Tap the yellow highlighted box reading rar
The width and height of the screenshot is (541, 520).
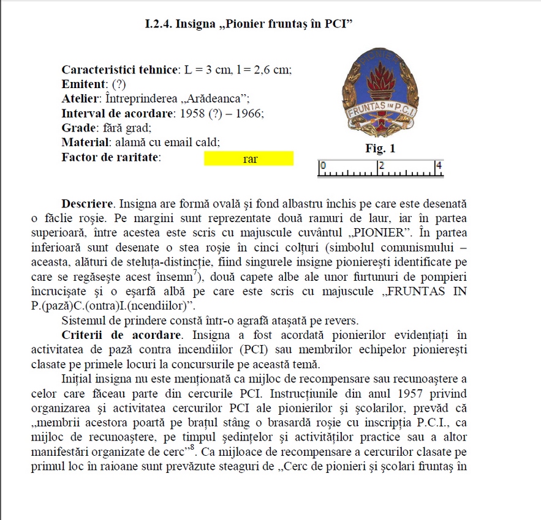[x=249, y=158]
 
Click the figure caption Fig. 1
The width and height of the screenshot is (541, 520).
[x=380, y=149]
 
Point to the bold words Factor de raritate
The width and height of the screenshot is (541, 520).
[x=111, y=157]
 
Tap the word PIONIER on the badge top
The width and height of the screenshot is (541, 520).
[x=378, y=59]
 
